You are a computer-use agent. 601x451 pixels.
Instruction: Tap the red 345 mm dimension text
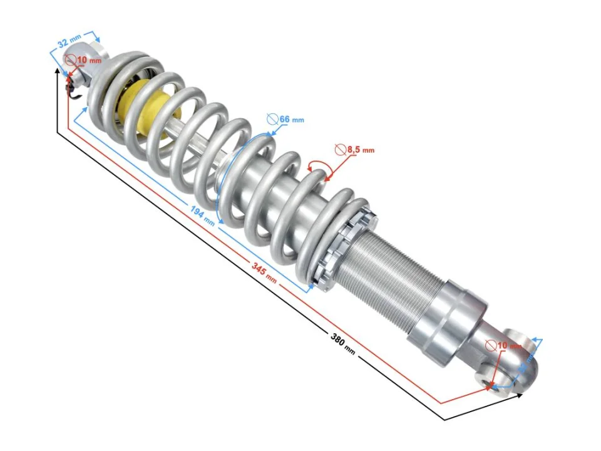[264, 271]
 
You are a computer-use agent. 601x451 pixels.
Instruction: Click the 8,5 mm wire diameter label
[360, 150]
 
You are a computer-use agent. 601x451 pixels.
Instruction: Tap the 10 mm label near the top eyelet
[88, 61]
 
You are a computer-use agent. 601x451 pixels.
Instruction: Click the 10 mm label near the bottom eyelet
[508, 346]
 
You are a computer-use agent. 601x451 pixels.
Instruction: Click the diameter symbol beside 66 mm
[272, 118]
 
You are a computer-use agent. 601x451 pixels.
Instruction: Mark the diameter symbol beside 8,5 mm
[340, 150]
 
